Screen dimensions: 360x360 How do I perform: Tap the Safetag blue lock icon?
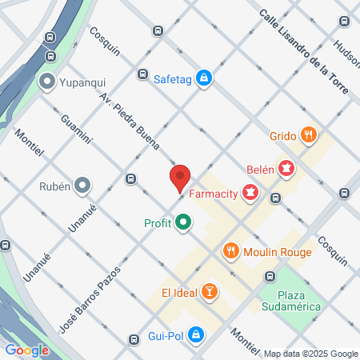tap(205, 77)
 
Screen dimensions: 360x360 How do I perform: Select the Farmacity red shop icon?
tap(251, 192)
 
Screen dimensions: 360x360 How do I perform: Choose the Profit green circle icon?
tap(183, 222)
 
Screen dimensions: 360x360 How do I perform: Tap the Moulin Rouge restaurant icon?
tap(231, 251)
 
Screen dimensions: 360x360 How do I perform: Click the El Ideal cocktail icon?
tap(209, 290)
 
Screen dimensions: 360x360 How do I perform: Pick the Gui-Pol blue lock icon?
tap(196, 334)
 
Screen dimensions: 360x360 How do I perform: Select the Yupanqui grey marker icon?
tap(46, 81)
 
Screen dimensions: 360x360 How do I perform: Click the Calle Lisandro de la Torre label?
tap(304, 52)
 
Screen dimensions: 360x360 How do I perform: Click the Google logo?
tap(26, 350)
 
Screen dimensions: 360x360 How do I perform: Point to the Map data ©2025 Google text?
tap(311, 354)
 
